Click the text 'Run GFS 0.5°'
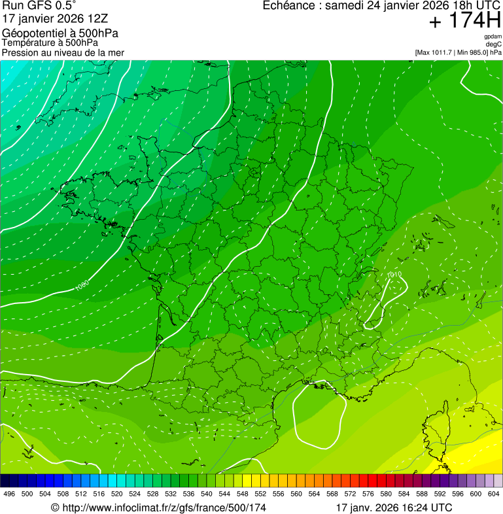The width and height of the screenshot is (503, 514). click(39, 7)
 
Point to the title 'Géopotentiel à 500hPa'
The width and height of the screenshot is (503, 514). click(60, 33)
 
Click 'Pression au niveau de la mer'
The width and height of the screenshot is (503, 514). click(63, 52)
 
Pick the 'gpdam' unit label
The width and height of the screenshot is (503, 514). click(493, 37)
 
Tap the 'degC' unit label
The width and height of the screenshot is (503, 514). click(494, 44)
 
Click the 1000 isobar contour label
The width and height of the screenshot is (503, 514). click(82, 285)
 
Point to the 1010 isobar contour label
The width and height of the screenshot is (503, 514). click(394, 275)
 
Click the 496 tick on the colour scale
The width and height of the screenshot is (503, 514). click(9, 494)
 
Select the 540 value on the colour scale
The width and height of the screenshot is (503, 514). click(206, 494)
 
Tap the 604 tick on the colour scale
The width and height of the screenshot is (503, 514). click(493, 494)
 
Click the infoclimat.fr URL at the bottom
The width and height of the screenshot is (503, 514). click(158, 507)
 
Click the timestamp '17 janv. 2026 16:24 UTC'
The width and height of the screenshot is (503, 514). click(393, 507)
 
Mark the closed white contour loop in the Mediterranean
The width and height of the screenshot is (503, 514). click(319, 415)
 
